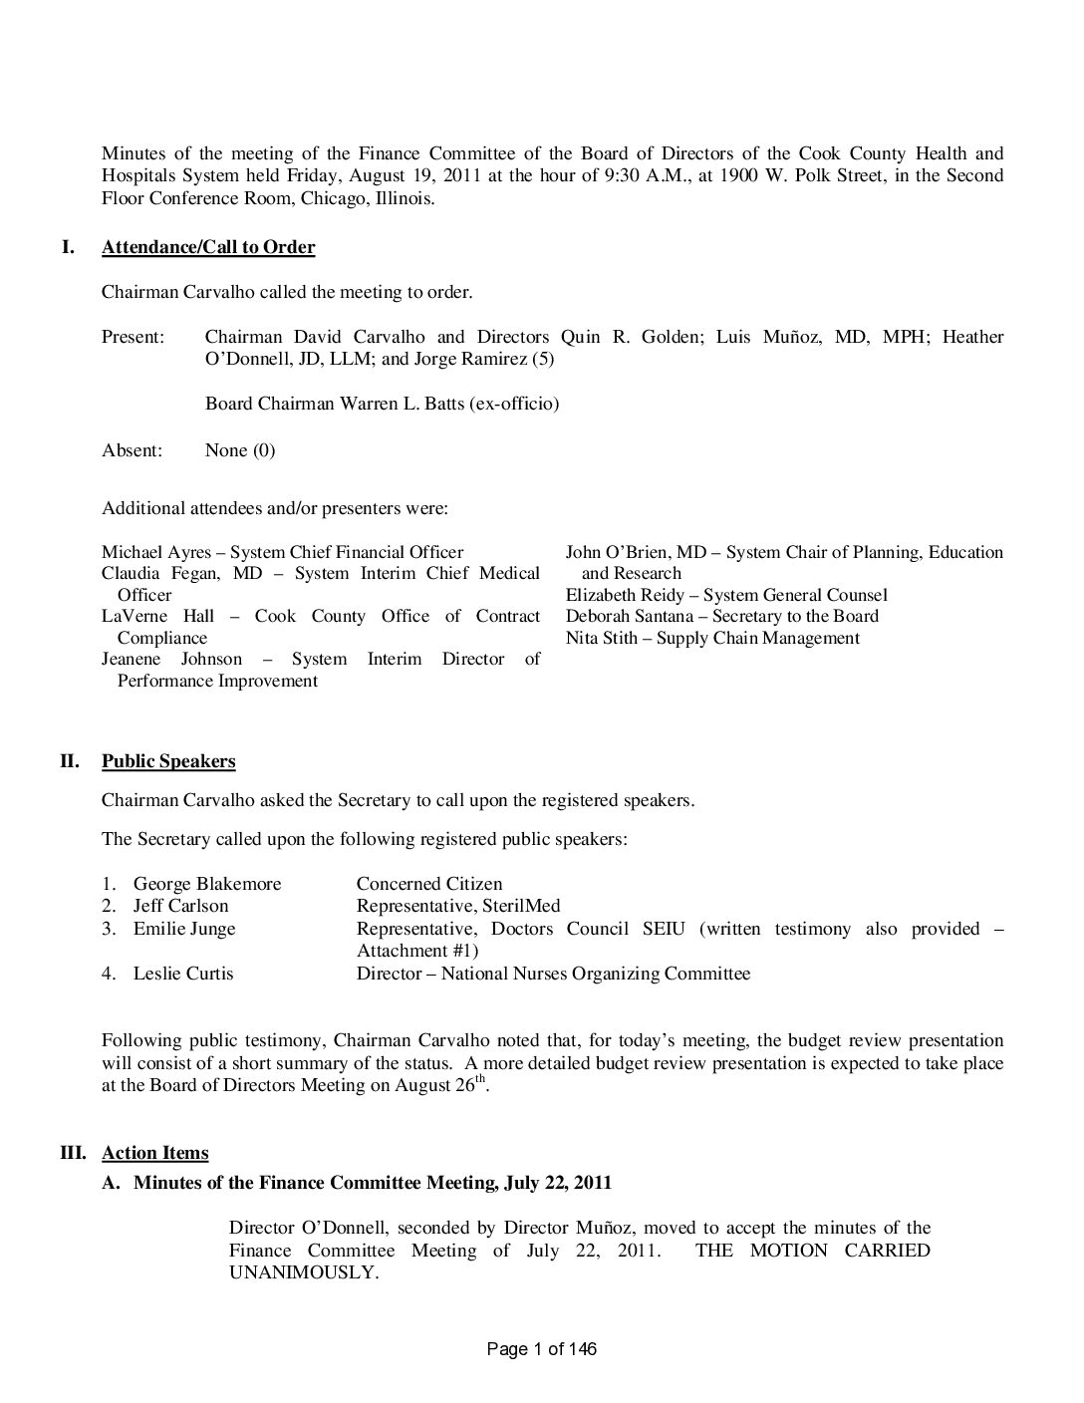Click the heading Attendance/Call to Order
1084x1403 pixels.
tap(208, 247)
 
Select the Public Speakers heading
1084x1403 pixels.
tap(168, 761)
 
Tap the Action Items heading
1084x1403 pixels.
tap(155, 1153)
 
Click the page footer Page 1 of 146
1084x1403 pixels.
tap(542, 1349)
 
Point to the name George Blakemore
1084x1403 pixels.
tap(207, 884)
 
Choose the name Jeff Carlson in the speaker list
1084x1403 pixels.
tap(180, 906)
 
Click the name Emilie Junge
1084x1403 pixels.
tap(184, 929)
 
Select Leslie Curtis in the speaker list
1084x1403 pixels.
tap(183, 974)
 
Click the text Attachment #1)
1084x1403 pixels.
tap(417, 951)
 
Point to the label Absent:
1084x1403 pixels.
tap(132, 450)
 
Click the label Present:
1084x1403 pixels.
tap(133, 337)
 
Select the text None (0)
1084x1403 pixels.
tap(240, 450)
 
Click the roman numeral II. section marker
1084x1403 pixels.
tap(69, 761)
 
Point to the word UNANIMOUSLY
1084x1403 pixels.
tap(303, 1272)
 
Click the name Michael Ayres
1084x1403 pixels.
tap(156, 552)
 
